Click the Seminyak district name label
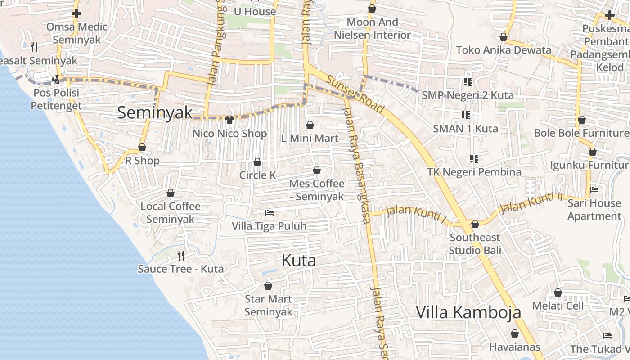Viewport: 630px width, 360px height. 155,112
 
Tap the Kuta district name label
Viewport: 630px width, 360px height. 298,261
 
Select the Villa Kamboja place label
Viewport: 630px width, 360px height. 468,312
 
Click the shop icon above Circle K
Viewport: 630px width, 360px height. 257,162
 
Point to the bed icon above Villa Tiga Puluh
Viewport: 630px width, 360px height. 270,212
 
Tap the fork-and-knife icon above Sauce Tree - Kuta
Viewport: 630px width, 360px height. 181,256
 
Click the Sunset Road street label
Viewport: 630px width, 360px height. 355,94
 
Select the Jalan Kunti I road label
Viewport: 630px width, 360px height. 416,214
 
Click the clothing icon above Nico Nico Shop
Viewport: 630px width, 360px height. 229,120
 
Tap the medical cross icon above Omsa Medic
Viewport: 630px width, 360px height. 76,13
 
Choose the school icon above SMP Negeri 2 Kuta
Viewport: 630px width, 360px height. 468,82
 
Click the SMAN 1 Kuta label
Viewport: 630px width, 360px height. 465,129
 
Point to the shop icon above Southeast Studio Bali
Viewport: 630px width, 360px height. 475,224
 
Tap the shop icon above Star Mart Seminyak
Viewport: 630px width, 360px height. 268,286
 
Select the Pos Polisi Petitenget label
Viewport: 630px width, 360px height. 56,99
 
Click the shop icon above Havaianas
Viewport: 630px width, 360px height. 515,333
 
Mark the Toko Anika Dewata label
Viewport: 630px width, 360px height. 504,50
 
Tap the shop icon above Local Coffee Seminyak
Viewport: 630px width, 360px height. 171,193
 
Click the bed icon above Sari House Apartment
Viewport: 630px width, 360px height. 594,190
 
